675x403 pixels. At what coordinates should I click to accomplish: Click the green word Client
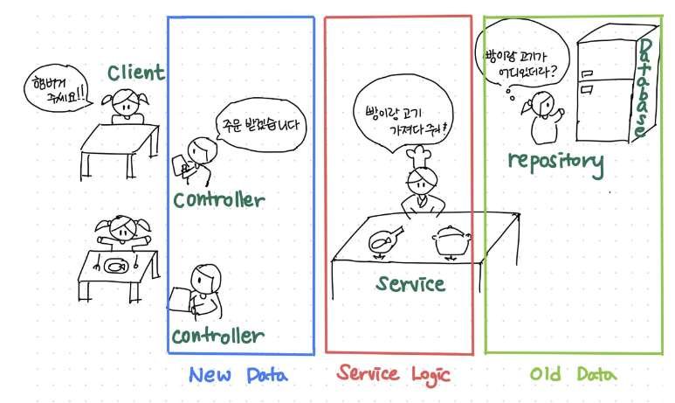[x=136, y=72]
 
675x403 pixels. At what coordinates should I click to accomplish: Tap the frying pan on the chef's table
[x=385, y=239]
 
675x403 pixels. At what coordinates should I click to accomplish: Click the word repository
[x=554, y=161]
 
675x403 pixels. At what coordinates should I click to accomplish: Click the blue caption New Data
[x=237, y=376]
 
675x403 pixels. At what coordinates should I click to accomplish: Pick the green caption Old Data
[x=573, y=375]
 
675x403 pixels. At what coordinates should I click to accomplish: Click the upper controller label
[x=217, y=199]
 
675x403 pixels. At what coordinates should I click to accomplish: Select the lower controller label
[x=217, y=336]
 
